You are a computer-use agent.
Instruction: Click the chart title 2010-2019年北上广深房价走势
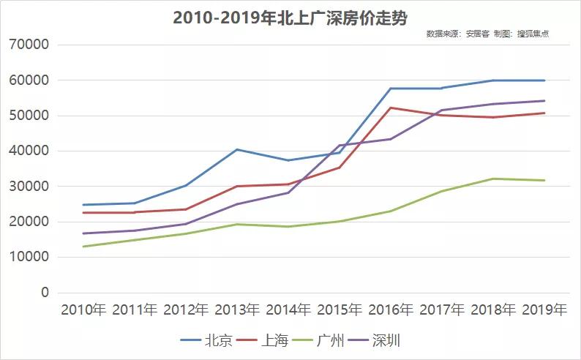coord(290,18)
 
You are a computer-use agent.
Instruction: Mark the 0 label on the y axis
coord(45,293)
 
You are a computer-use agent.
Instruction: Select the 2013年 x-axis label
coord(237,310)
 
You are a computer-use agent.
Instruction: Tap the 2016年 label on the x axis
coord(391,310)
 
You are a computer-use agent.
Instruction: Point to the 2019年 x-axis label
coord(544,310)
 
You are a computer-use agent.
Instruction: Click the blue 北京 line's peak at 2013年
coord(237,149)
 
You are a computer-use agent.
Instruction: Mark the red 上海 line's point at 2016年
coord(391,108)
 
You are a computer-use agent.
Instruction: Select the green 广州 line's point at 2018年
coord(493,179)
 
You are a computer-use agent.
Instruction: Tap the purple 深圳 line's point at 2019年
coord(544,101)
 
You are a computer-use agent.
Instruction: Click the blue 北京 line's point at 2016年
coord(391,89)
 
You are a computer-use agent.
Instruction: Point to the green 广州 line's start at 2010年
coord(83,247)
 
